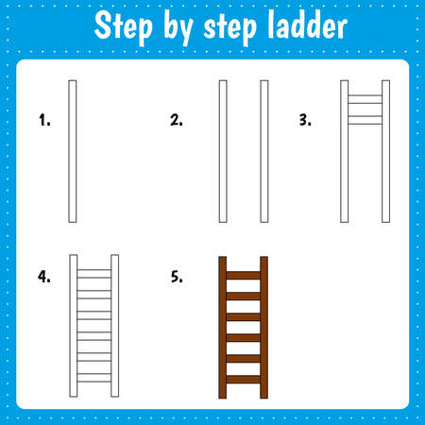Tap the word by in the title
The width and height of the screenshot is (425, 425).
[177, 28]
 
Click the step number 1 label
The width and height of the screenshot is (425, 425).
[43, 120]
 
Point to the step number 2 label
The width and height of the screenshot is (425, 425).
[177, 120]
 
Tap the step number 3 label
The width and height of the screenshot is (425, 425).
[304, 120]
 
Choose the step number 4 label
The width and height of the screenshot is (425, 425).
[43, 278]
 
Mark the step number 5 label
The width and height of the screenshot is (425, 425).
[177, 278]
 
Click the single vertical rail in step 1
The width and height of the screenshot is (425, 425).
[73, 151]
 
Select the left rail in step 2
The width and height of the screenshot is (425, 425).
[223, 151]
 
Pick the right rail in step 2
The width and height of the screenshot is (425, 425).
[264, 151]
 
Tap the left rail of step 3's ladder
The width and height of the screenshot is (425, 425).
[345, 151]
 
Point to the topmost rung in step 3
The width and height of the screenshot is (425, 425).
[365, 96]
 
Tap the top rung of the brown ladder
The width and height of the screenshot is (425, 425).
[244, 275]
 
